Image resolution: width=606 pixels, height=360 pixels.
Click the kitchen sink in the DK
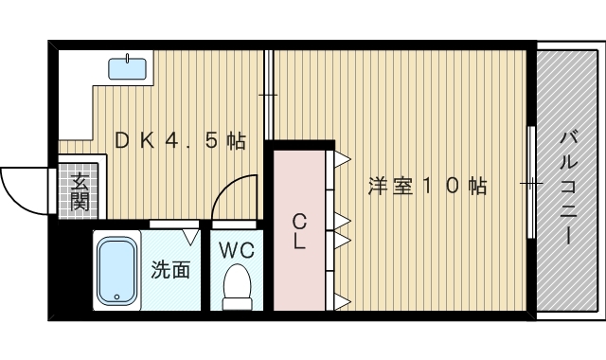[x=127, y=67]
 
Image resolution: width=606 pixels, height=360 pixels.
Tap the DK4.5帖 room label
[x=180, y=141]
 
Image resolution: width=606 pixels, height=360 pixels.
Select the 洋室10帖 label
[x=427, y=187]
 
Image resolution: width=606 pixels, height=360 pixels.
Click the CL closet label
[x=299, y=231]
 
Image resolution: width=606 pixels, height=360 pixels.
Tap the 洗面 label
[x=171, y=270]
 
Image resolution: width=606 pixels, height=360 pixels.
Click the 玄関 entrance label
[x=79, y=191]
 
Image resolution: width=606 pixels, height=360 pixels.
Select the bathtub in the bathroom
[x=117, y=271]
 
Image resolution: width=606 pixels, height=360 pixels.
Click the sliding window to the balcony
[x=531, y=181]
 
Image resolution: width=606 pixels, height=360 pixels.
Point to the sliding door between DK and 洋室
[x=269, y=95]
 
